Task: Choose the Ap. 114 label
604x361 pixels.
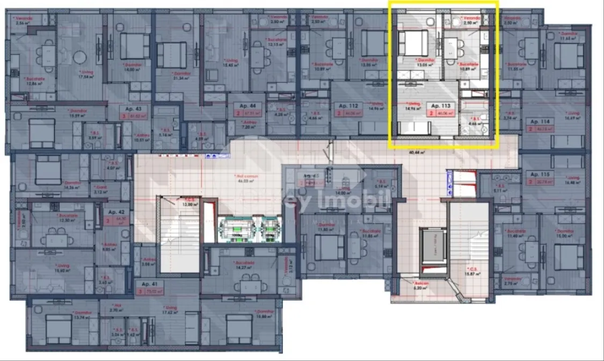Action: pyautogui.click(x=537, y=121)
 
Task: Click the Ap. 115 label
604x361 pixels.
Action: pyautogui.click(x=537, y=175)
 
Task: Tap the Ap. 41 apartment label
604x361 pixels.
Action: pyautogui.click(x=149, y=284)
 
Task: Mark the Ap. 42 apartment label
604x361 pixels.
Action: pyautogui.click(x=110, y=212)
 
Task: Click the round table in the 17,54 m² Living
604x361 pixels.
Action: pyautogui.click(x=80, y=57)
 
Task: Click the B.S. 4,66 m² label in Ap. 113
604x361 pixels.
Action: pyautogui.click(x=474, y=121)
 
